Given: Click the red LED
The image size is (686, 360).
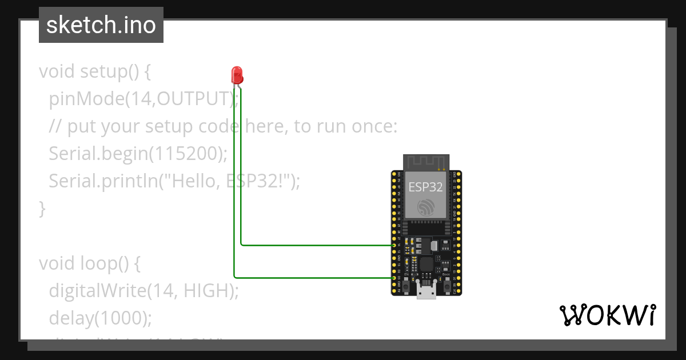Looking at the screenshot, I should tap(237, 74).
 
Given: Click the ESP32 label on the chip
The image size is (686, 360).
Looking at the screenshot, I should tap(425, 187).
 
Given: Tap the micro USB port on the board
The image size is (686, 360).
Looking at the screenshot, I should tap(426, 292).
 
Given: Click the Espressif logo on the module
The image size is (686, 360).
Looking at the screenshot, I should tap(426, 207).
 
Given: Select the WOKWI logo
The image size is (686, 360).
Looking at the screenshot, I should tap(608, 315).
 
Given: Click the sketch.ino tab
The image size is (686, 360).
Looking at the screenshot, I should tap(101, 25).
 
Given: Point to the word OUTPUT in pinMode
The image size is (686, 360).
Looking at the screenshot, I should tap(193, 99).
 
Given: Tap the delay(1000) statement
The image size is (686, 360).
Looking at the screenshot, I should tap(100, 317).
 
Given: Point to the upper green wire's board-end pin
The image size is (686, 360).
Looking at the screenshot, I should tap(394, 245).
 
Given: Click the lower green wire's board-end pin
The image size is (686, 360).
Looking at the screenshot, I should tap(394, 277).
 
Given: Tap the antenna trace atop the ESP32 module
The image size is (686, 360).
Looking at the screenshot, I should tap(425, 162).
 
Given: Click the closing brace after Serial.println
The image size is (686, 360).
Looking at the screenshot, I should tap(42, 208).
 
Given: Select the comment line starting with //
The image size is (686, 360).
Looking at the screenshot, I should tap(223, 126).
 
